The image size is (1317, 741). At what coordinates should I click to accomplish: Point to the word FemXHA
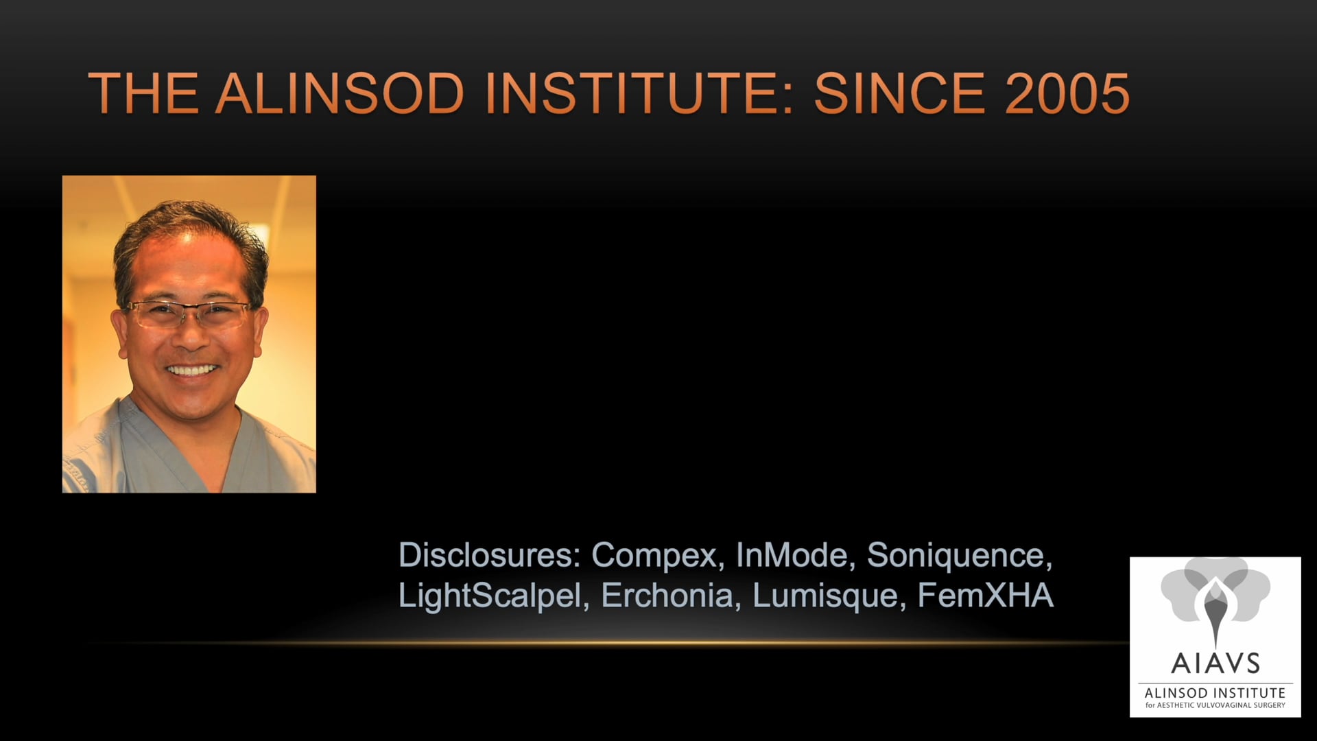coord(985,595)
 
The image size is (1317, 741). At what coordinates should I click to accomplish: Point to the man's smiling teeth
coord(191,370)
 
